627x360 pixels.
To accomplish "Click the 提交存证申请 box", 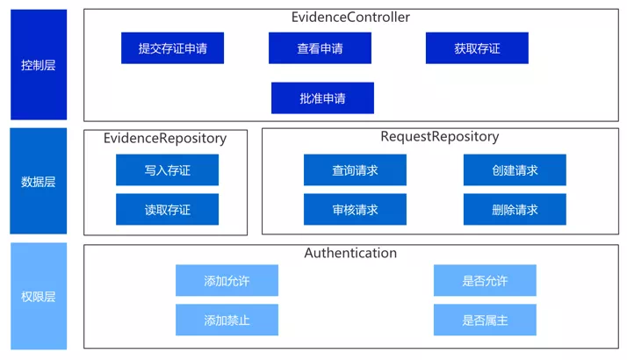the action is tap(172, 48).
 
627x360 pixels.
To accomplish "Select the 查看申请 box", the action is tap(320, 48).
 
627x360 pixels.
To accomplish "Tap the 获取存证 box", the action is tap(477, 48).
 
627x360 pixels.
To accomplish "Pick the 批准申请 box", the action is tap(322, 98).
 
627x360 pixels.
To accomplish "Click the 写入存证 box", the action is tap(167, 170).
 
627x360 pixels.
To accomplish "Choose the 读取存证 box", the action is tap(167, 209).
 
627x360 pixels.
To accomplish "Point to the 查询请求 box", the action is tap(355, 170).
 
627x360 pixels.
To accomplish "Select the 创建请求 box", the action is tap(515, 170).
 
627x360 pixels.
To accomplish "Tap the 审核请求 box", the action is tap(355, 209).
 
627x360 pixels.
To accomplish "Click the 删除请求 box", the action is tap(515, 209).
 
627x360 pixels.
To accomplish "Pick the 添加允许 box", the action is tap(227, 280).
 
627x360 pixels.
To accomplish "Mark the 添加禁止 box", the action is tap(227, 320).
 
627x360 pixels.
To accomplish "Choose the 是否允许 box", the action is tap(485, 280).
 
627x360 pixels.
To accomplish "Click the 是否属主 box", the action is tap(485, 320).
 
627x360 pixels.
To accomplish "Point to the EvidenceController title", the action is tap(350, 18).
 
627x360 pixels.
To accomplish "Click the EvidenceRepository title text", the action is tap(165, 139).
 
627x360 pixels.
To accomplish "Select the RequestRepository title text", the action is tap(440, 137).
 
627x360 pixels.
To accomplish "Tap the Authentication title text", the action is tap(350, 253).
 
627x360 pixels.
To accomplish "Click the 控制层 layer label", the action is tap(39, 65).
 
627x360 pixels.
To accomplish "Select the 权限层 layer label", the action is tap(39, 297).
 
